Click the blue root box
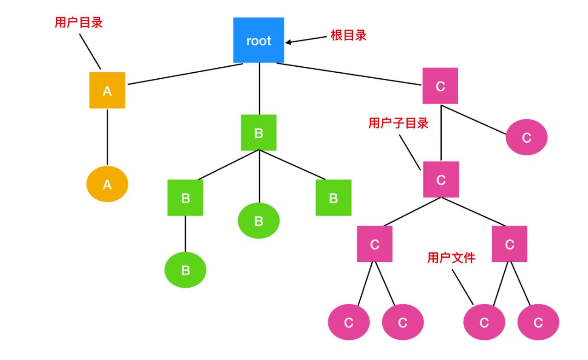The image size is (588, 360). point(259,41)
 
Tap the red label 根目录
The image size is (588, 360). point(349,36)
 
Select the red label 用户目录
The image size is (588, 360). point(78,23)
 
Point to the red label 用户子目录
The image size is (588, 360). point(398,123)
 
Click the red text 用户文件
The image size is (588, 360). point(451,258)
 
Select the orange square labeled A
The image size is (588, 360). point(107,91)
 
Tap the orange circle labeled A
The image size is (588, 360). point(107,185)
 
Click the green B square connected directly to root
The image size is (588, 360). point(259,133)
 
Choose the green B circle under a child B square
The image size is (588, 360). point(185,270)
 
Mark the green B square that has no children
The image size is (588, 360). point(334,198)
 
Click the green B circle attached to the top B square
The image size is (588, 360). point(259,221)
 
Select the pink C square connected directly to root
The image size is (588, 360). point(440,86)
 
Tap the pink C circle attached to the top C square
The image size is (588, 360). point(527,137)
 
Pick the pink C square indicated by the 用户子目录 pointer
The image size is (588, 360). point(441,180)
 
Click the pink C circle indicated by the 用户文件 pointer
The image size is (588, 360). point(484,323)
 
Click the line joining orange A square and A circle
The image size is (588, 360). point(107,137)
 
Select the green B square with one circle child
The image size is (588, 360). point(185,198)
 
